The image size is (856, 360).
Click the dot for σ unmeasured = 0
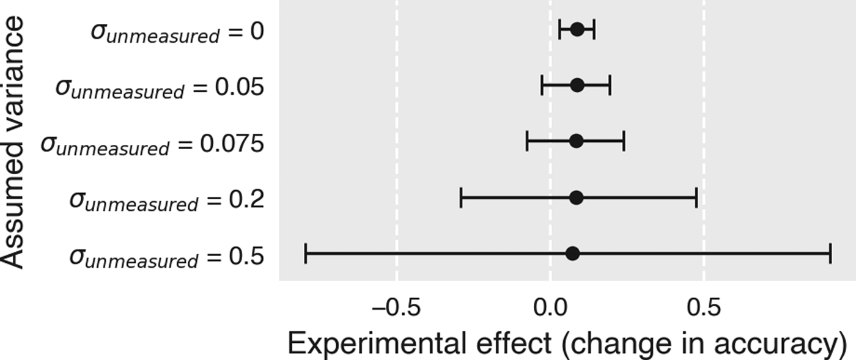577,29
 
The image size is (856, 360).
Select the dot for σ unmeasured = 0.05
577,86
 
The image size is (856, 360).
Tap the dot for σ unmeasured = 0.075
576,142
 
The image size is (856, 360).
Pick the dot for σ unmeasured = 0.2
576,198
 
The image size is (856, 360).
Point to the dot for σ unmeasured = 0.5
572,254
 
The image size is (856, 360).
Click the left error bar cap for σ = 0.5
306,254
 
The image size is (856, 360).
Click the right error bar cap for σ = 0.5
830,254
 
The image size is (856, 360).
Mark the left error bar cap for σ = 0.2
460,198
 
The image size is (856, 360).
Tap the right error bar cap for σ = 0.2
696,198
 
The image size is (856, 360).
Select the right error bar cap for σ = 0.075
624,142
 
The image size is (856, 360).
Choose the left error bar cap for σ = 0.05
542,86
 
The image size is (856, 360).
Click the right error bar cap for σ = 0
594,29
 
